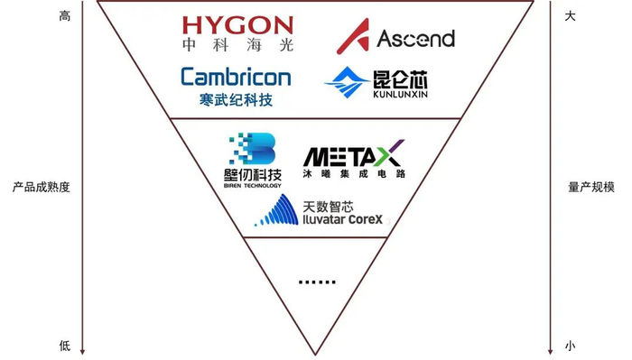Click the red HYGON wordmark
(237, 25)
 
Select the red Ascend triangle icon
(351, 37)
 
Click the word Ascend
(414, 39)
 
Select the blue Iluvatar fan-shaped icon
(276, 211)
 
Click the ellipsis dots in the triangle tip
(316, 282)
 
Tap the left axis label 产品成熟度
(42, 188)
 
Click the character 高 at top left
(64, 15)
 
